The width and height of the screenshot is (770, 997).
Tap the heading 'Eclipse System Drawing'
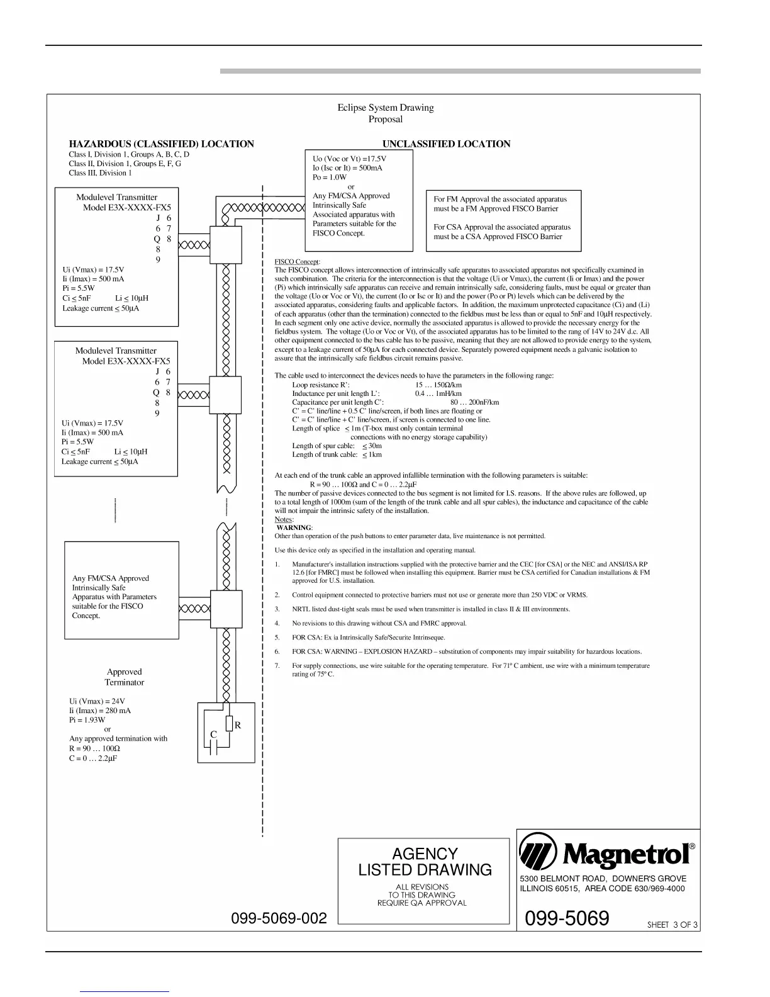(x=385, y=108)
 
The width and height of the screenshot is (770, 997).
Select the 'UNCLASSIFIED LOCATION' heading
(x=446, y=144)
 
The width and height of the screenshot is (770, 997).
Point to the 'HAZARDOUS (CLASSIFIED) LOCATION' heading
(x=161, y=144)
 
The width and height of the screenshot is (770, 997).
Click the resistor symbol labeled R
(x=230, y=724)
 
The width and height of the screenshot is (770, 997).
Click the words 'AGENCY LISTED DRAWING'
(x=425, y=862)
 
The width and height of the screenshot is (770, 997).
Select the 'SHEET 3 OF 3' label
(x=672, y=925)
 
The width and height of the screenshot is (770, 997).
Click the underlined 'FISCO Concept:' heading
(x=298, y=262)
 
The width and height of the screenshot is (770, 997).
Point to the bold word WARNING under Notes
(x=294, y=528)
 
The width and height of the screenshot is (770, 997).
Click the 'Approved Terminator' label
(x=124, y=677)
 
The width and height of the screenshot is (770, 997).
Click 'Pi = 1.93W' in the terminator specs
(x=87, y=720)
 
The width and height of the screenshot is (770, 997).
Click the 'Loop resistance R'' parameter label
(x=321, y=385)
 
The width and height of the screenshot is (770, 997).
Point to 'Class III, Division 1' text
(x=100, y=173)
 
